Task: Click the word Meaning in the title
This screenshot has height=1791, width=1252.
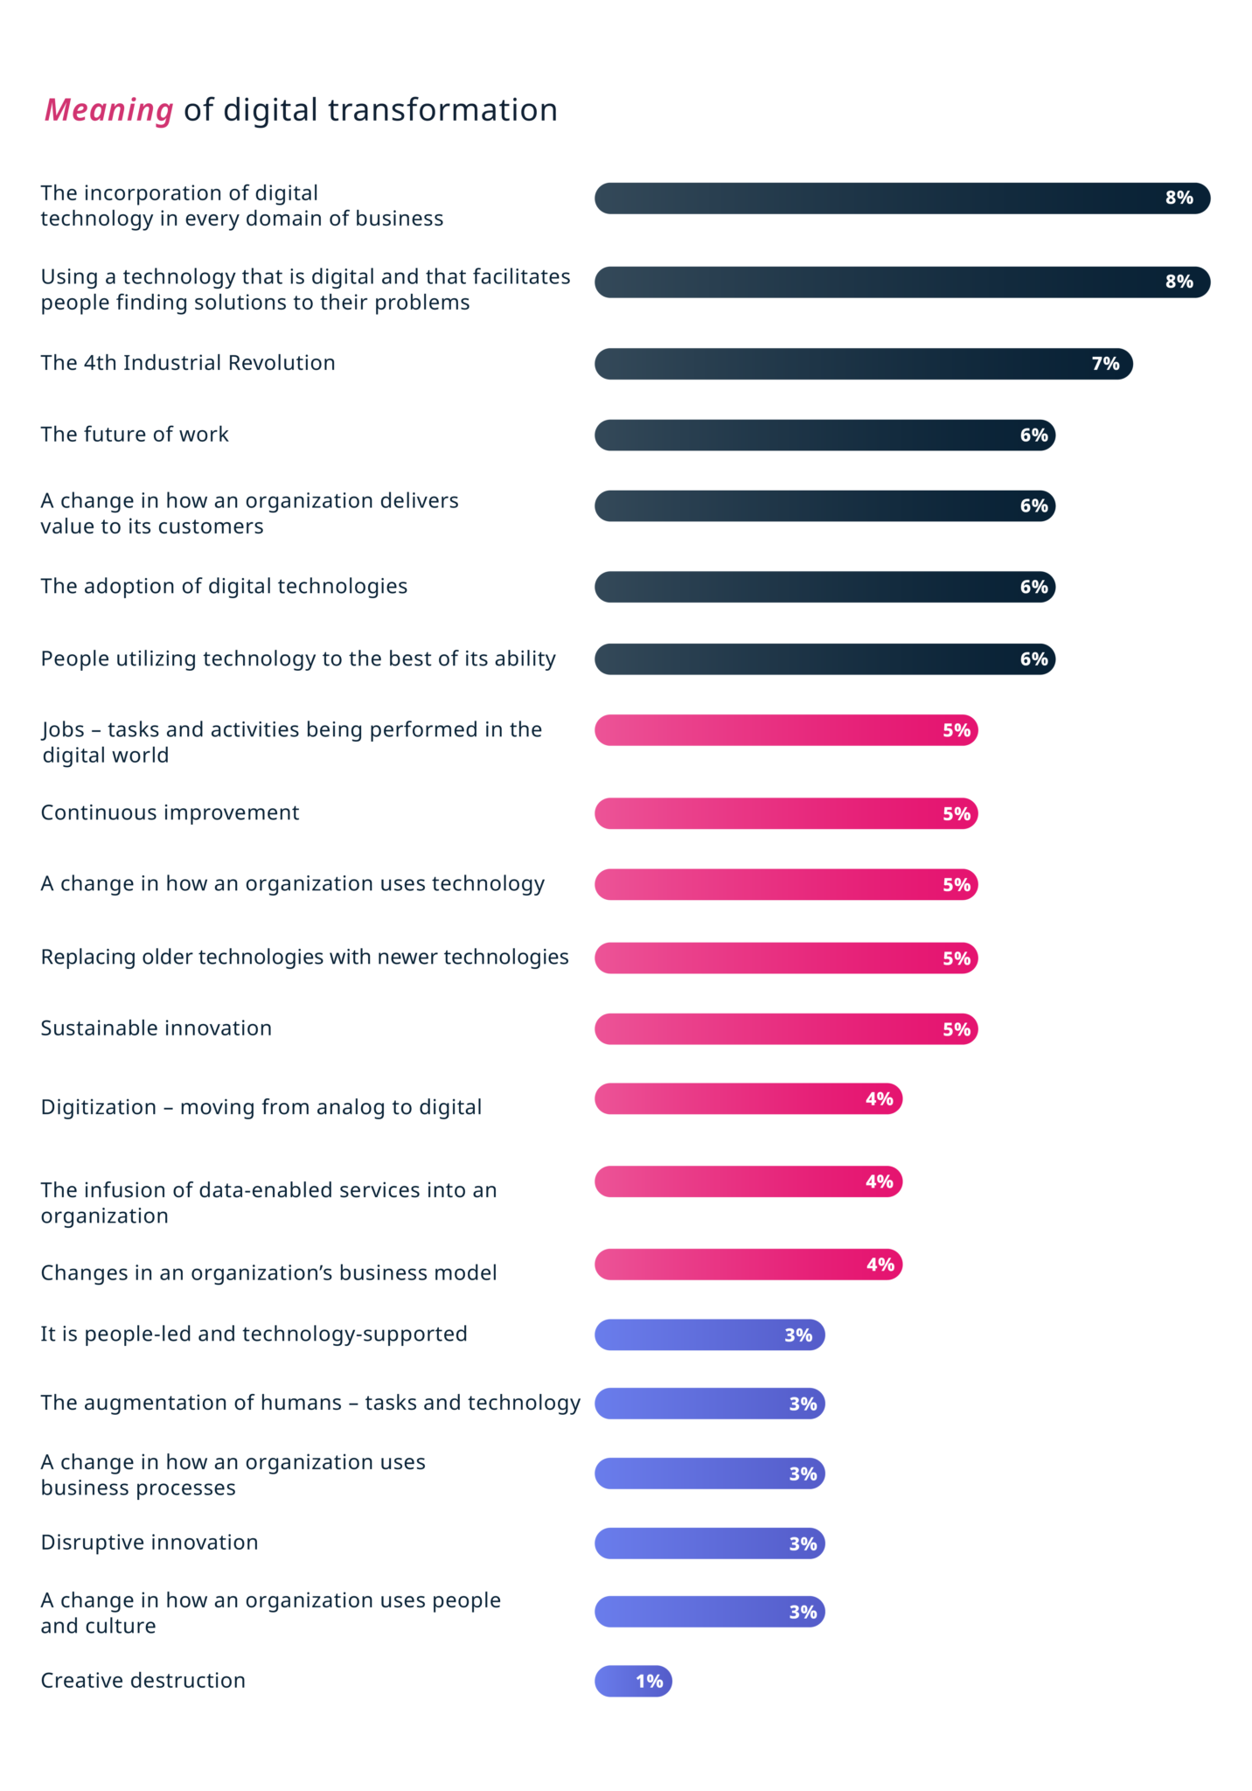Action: coord(109,110)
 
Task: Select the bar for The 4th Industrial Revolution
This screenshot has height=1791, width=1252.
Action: coord(863,364)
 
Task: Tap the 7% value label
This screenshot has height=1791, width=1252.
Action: coord(1105,364)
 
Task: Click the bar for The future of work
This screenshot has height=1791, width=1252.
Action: coord(824,436)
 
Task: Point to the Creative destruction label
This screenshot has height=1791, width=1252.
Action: coord(143,1680)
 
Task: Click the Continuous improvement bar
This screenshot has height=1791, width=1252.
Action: coord(785,813)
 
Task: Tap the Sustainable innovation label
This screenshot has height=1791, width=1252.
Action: coord(156,1028)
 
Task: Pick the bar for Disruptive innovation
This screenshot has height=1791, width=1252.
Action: coord(709,1544)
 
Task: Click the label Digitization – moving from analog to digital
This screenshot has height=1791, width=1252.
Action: coord(261,1107)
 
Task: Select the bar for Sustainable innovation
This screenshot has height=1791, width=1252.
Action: coord(785,1029)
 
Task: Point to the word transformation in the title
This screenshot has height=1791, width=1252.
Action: coord(442,110)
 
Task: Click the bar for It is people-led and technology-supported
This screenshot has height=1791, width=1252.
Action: coord(709,1335)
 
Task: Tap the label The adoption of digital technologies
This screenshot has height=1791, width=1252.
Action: coord(224,586)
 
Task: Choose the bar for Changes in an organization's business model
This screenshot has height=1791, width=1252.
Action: coord(748,1265)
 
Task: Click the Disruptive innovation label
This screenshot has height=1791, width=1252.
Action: coord(150,1542)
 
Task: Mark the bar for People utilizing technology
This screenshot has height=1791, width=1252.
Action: coord(824,659)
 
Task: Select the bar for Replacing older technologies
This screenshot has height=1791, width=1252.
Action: coord(785,958)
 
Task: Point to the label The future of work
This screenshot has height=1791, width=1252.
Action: coord(135,435)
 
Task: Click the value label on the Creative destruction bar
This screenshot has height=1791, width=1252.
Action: coord(649,1681)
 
